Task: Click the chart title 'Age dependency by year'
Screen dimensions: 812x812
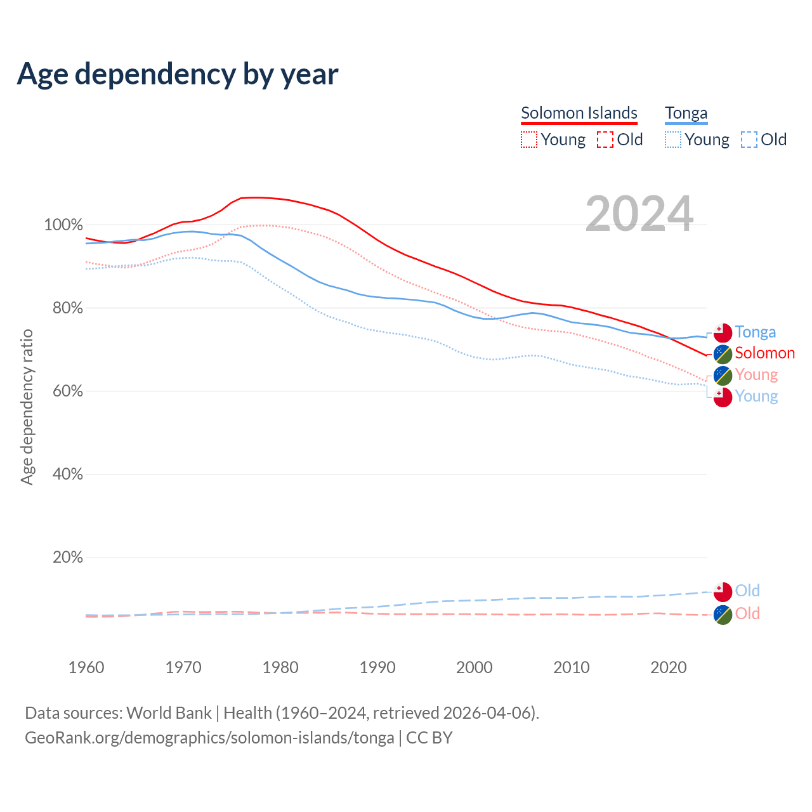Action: pos(178,74)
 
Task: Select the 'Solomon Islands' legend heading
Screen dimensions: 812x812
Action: pos(579,113)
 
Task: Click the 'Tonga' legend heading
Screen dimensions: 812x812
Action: pos(686,113)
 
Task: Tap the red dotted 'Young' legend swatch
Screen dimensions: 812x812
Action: pos(529,140)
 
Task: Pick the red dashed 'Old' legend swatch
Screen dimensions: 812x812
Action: pos(605,140)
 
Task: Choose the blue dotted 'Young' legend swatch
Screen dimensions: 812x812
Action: pos(673,140)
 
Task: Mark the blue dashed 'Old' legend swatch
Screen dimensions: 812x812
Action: pos(749,140)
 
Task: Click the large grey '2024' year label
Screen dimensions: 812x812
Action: pos(639,214)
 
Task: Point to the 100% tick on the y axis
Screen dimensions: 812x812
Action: pos(63,225)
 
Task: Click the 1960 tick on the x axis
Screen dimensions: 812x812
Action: pos(86,667)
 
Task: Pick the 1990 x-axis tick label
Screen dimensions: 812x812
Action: pos(377,667)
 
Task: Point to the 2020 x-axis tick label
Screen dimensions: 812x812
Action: pos(669,667)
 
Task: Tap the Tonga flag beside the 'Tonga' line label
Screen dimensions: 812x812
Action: pos(723,332)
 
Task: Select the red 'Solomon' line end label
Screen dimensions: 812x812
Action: pos(764,353)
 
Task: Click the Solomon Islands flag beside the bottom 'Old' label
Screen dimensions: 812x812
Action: pos(723,614)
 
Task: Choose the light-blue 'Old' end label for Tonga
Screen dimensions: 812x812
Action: pos(747,591)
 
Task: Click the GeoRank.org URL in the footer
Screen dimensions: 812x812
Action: pos(209,738)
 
